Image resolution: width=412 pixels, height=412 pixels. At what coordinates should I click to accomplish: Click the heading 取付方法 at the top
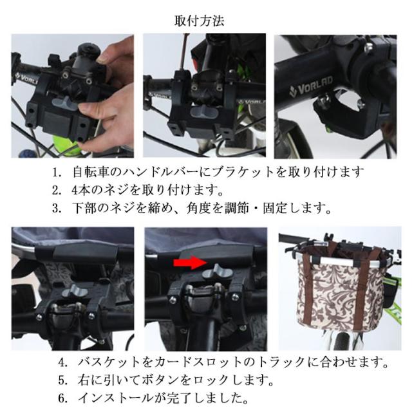click(x=199, y=21)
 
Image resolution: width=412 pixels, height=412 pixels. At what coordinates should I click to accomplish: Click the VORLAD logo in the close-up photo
click(x=311, y=86)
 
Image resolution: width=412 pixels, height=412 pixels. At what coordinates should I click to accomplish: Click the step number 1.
click(x=57, y=173)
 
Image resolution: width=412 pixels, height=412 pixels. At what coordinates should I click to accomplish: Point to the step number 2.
click(x=57, y=191)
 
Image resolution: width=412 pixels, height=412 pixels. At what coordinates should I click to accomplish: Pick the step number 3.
click(x=57, y=209)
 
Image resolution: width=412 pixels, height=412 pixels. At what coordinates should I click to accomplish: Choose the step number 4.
click(x=63, y=362)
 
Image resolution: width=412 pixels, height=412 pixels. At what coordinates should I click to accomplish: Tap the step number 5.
click(x=63, y=380)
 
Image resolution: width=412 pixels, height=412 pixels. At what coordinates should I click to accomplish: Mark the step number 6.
click(x=63, y=398)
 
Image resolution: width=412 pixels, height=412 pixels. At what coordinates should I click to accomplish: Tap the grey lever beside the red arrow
click(x=218, y=272)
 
